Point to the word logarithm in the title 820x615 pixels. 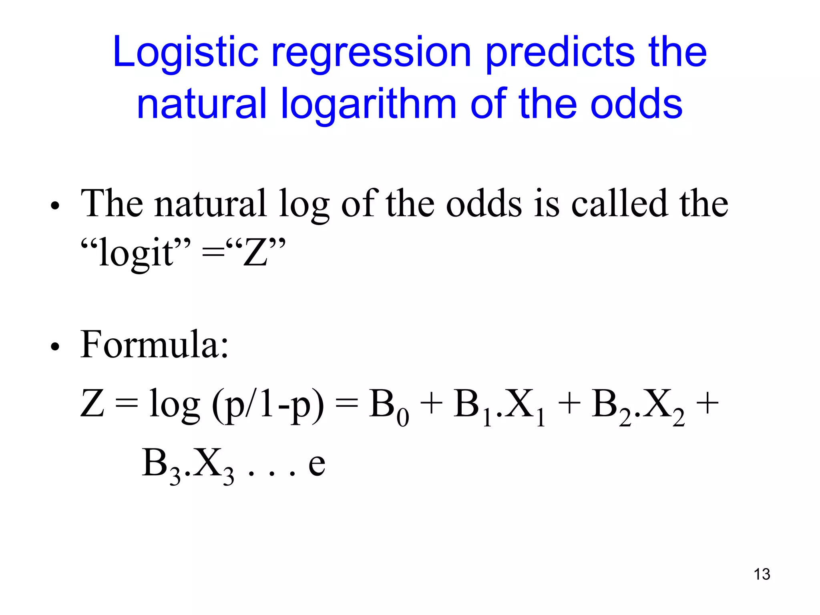pos(368,105)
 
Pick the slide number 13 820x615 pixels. pos(762,574)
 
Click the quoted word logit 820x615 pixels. pos(136,252)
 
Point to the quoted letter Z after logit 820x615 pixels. pos(256,252)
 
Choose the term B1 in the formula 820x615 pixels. pos(472,406)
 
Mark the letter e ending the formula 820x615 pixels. pos(316,464)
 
